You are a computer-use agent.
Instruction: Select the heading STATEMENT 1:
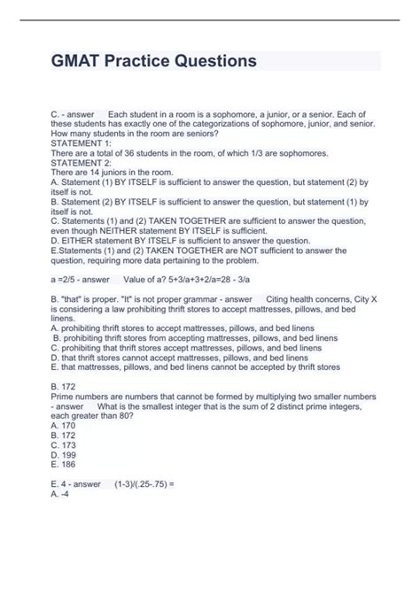point(82,143)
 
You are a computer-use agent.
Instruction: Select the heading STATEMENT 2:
point(82,163)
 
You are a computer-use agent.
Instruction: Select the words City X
point(350,299)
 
